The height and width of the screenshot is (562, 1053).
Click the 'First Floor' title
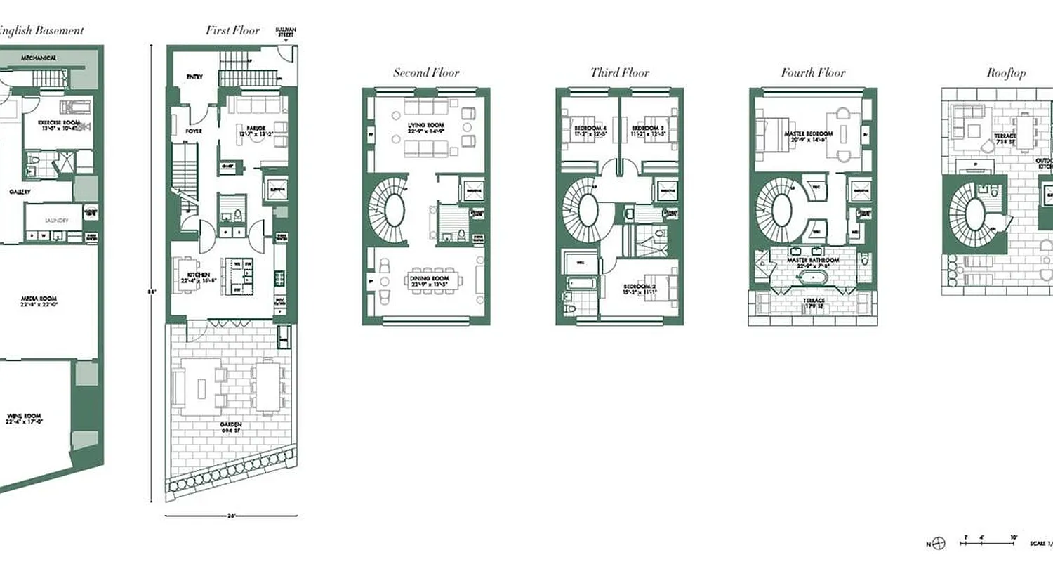[232, 30]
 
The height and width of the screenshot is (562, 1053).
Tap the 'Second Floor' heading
[426, 72]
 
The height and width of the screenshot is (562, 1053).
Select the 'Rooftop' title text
[1006, 72]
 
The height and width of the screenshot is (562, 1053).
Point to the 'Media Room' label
[38, 301]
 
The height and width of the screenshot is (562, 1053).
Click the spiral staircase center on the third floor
[588, 210]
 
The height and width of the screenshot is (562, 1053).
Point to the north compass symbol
[940, 542]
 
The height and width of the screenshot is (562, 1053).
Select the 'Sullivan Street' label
[286, 32]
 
